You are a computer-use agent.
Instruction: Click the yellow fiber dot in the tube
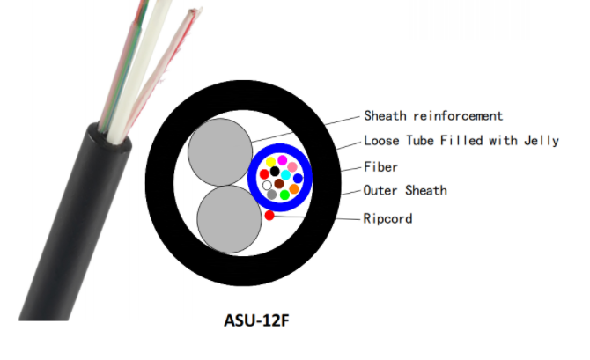(270, 163)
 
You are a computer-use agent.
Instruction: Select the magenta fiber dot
(282, 160)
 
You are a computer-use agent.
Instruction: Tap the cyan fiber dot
(285, 175)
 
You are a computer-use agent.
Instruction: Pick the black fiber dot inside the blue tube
(275, 172)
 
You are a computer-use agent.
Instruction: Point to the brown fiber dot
(279, 184)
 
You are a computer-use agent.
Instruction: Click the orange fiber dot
(294, 189)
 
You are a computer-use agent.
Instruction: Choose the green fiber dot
(284, 195)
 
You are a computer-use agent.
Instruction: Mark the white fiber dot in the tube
(267, 185)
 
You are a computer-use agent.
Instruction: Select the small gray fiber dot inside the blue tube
(271, 195)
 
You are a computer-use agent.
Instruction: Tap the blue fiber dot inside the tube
(298, 179)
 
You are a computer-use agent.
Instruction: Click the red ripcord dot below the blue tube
(269, 216)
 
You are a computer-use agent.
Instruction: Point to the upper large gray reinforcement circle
(220, 152)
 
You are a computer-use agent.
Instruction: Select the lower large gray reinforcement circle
(229, 219)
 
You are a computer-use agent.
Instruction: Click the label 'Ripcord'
(388, 218)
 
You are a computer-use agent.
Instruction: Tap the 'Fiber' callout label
(380, 167)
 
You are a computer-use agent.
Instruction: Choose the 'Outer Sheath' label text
(405, 191)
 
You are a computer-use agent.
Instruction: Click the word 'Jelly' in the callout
(542, 141)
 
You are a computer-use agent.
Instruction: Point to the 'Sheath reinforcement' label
(433, 116)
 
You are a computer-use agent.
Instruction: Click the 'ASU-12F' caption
(256, 320)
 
